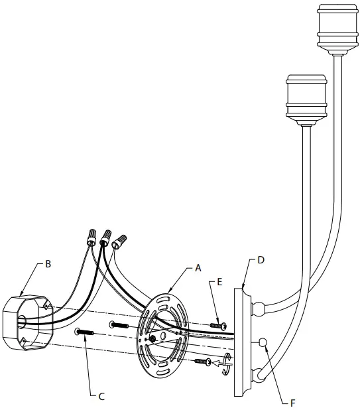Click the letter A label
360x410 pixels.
[x=198, y=269]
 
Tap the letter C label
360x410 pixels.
[x=101, y=397]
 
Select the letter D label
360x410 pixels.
[x=261, y=259]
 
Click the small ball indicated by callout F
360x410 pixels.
[x=263, y=342]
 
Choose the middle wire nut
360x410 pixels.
[x=104, y=236]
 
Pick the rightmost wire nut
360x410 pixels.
[x=119, y=239]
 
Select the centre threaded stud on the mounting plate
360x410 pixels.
[x=152, y=339]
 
